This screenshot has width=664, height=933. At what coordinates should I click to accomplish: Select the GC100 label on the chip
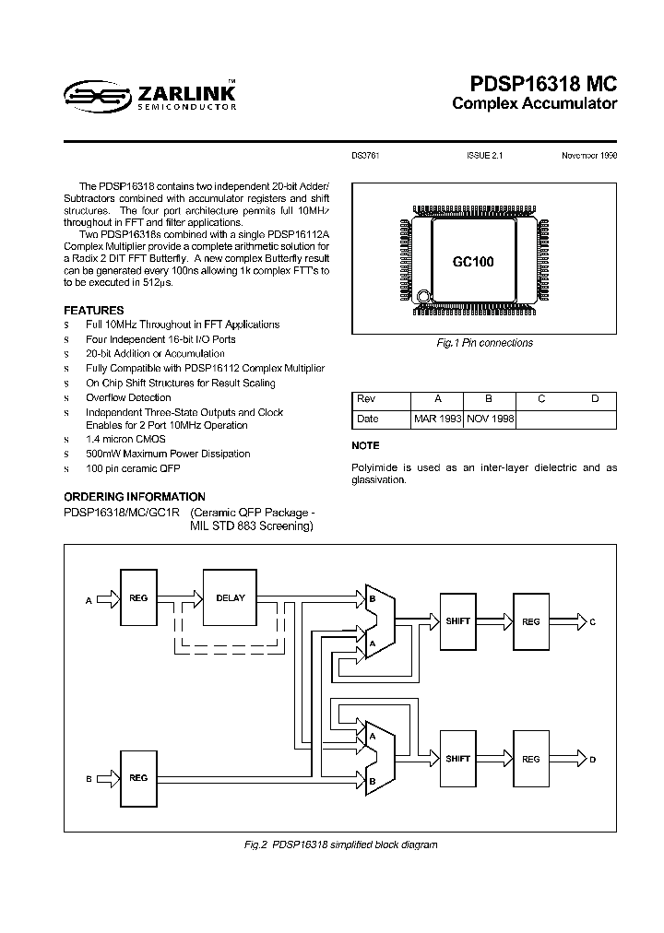(x=473, y=262)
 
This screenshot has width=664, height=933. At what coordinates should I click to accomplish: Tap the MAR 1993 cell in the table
(x=437, y=419)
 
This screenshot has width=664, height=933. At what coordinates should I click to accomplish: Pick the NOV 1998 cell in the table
(x=489, y=419)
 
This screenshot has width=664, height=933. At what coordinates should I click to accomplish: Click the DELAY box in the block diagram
(x=230, y=598)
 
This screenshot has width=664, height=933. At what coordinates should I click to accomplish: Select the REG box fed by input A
(x=137, y=598)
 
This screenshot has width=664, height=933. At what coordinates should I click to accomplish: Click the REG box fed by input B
(x=137, y=777)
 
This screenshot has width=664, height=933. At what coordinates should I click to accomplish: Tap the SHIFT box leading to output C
(x=457, y=621)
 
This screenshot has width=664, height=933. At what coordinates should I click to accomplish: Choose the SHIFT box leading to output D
(x=457, y=759)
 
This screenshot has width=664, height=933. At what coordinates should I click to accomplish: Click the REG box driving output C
(x=530, y=621)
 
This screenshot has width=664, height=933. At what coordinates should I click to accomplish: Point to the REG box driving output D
(x=530, y=759)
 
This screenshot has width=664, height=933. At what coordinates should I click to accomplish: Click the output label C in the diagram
(x=593, y=622)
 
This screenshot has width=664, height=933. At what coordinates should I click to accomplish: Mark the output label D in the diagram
(x=593, y=760)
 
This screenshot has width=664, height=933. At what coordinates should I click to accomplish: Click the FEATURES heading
(x=93, y=311)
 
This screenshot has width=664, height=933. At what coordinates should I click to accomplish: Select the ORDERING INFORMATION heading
(x=135, y=497)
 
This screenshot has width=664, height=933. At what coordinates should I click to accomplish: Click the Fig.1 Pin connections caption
(x=484, y=343)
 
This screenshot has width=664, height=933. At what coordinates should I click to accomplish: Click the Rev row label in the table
(x=366, y=398)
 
